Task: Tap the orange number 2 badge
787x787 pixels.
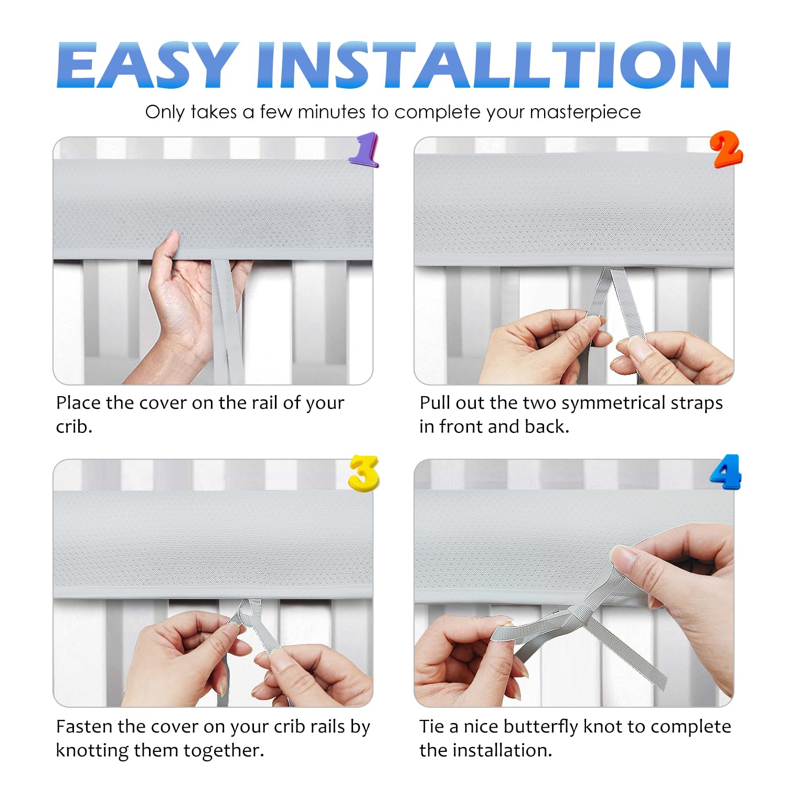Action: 726,150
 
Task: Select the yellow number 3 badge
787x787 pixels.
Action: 364,473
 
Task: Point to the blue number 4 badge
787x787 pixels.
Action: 726,472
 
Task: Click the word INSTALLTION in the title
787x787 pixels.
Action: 493,65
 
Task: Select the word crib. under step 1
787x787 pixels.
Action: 74,427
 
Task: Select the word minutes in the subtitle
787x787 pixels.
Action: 332,112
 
